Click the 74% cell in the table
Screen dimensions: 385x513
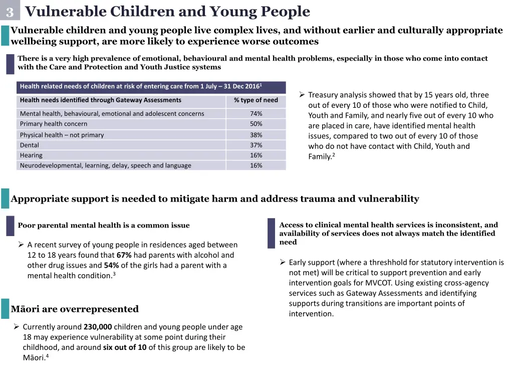click(x=256, y=114)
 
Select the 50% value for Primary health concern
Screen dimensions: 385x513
click(x=256, y=124)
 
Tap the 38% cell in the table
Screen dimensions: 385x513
click(x=256, y=135)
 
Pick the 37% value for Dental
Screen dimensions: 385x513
click(x=256, y=145)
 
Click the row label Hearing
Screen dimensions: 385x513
click(x=31, y=155)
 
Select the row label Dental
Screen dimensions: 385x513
click(x=30, y=145)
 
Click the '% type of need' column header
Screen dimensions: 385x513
click(x=255, y=100)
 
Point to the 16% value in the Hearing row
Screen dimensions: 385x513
click(x=256, y=155)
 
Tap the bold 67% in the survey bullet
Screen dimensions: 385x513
click(x=124, y=255)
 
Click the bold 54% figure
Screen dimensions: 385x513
click(x=111, y=265)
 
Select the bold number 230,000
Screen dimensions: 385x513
click(x=98, y=327)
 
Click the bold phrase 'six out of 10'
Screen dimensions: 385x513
click(x=125, y=347)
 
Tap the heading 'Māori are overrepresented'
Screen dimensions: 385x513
click(x=75, y=309)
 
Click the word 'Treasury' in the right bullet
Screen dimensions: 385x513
click(x=323, y=95)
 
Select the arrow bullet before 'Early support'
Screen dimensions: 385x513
click(x=283, y=262)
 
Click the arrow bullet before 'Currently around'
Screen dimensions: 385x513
click(x=17, y=327)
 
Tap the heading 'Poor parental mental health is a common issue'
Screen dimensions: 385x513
click(x=104, y=226)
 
